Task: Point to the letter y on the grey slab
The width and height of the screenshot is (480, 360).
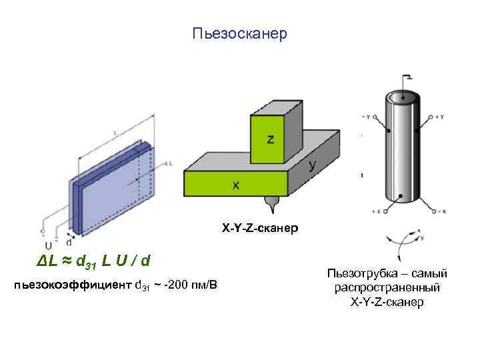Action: (x=312, y=165)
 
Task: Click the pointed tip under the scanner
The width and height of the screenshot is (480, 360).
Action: (x=271, y=201)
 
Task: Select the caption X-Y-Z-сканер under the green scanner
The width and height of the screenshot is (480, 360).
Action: (x=261, y=229)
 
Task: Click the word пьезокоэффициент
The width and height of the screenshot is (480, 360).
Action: (x=73, y=285)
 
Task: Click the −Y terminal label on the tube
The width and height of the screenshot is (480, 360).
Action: (x=367, y=117)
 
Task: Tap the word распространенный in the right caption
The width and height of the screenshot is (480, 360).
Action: (x=387, y=288)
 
